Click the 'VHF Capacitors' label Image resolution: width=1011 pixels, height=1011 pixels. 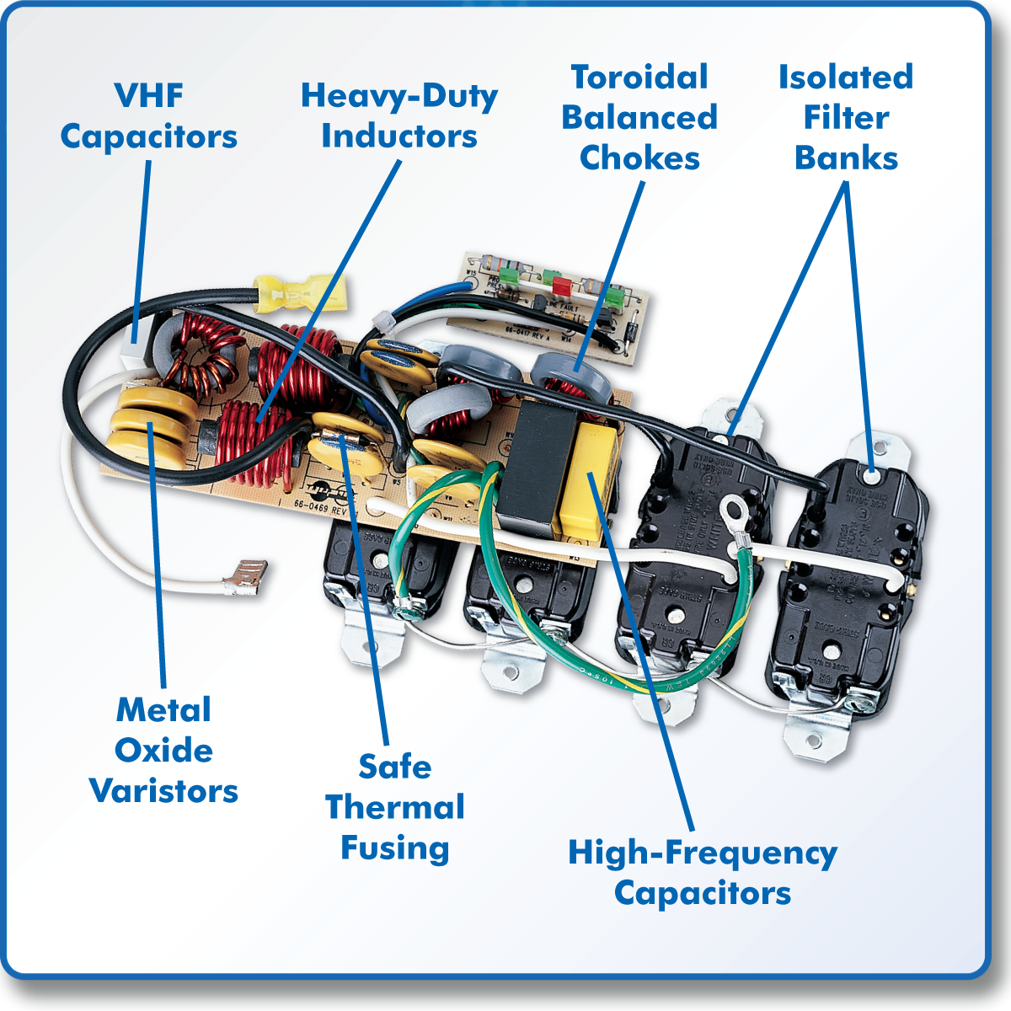(148, 116)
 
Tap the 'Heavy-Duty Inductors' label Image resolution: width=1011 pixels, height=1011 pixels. (399, 116)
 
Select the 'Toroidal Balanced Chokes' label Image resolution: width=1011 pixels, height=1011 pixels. (639, 118)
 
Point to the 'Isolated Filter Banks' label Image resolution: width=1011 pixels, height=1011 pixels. (846, 118)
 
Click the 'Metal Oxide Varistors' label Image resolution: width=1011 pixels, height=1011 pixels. (163, 750)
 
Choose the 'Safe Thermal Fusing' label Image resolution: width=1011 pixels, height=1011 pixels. (394, 807)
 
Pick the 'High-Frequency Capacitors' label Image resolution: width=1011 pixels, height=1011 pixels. (703, 872)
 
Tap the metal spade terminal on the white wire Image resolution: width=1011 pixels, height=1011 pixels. (243, 579)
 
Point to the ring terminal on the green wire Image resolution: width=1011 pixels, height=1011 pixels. (734, 511)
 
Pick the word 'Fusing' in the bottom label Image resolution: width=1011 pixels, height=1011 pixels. (394, 848)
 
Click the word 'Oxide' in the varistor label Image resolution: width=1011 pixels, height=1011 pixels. (163, 750)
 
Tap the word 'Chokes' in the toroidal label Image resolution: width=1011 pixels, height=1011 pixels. (639, 158)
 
